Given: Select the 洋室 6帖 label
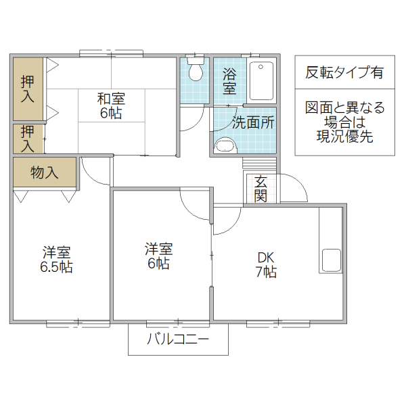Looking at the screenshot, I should (158, 256).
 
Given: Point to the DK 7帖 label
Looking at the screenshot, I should (266, 264).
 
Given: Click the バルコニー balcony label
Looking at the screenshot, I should (179, 340).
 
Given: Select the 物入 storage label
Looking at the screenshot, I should (45, 172).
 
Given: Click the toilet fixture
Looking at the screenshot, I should (196, 70).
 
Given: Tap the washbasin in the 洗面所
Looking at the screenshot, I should (224, 145).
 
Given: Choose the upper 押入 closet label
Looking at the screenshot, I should (28, 89).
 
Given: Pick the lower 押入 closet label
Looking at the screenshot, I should (28, 138).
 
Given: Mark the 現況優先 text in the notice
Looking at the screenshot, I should (344, 137).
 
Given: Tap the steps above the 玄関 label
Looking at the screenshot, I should (260, 164).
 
